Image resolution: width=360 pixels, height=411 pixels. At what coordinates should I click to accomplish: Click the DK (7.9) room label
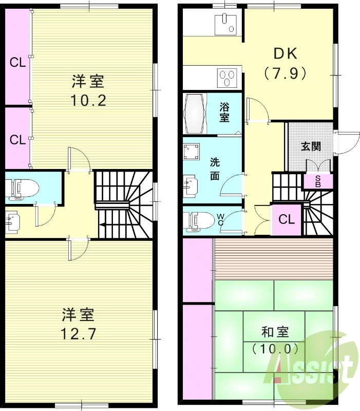[285, 63]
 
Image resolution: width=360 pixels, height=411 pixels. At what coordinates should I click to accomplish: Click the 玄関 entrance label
[311, 146]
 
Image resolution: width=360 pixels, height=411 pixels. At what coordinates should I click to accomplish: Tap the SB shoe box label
[318, 181]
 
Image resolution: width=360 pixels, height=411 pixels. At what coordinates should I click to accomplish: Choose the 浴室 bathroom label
[224, 113]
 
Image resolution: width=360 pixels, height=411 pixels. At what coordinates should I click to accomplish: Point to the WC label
[220, 220]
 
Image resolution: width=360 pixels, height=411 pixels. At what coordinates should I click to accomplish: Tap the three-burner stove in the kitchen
[227, 78]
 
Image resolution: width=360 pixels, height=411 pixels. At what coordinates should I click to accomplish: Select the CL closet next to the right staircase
[286, 219]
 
